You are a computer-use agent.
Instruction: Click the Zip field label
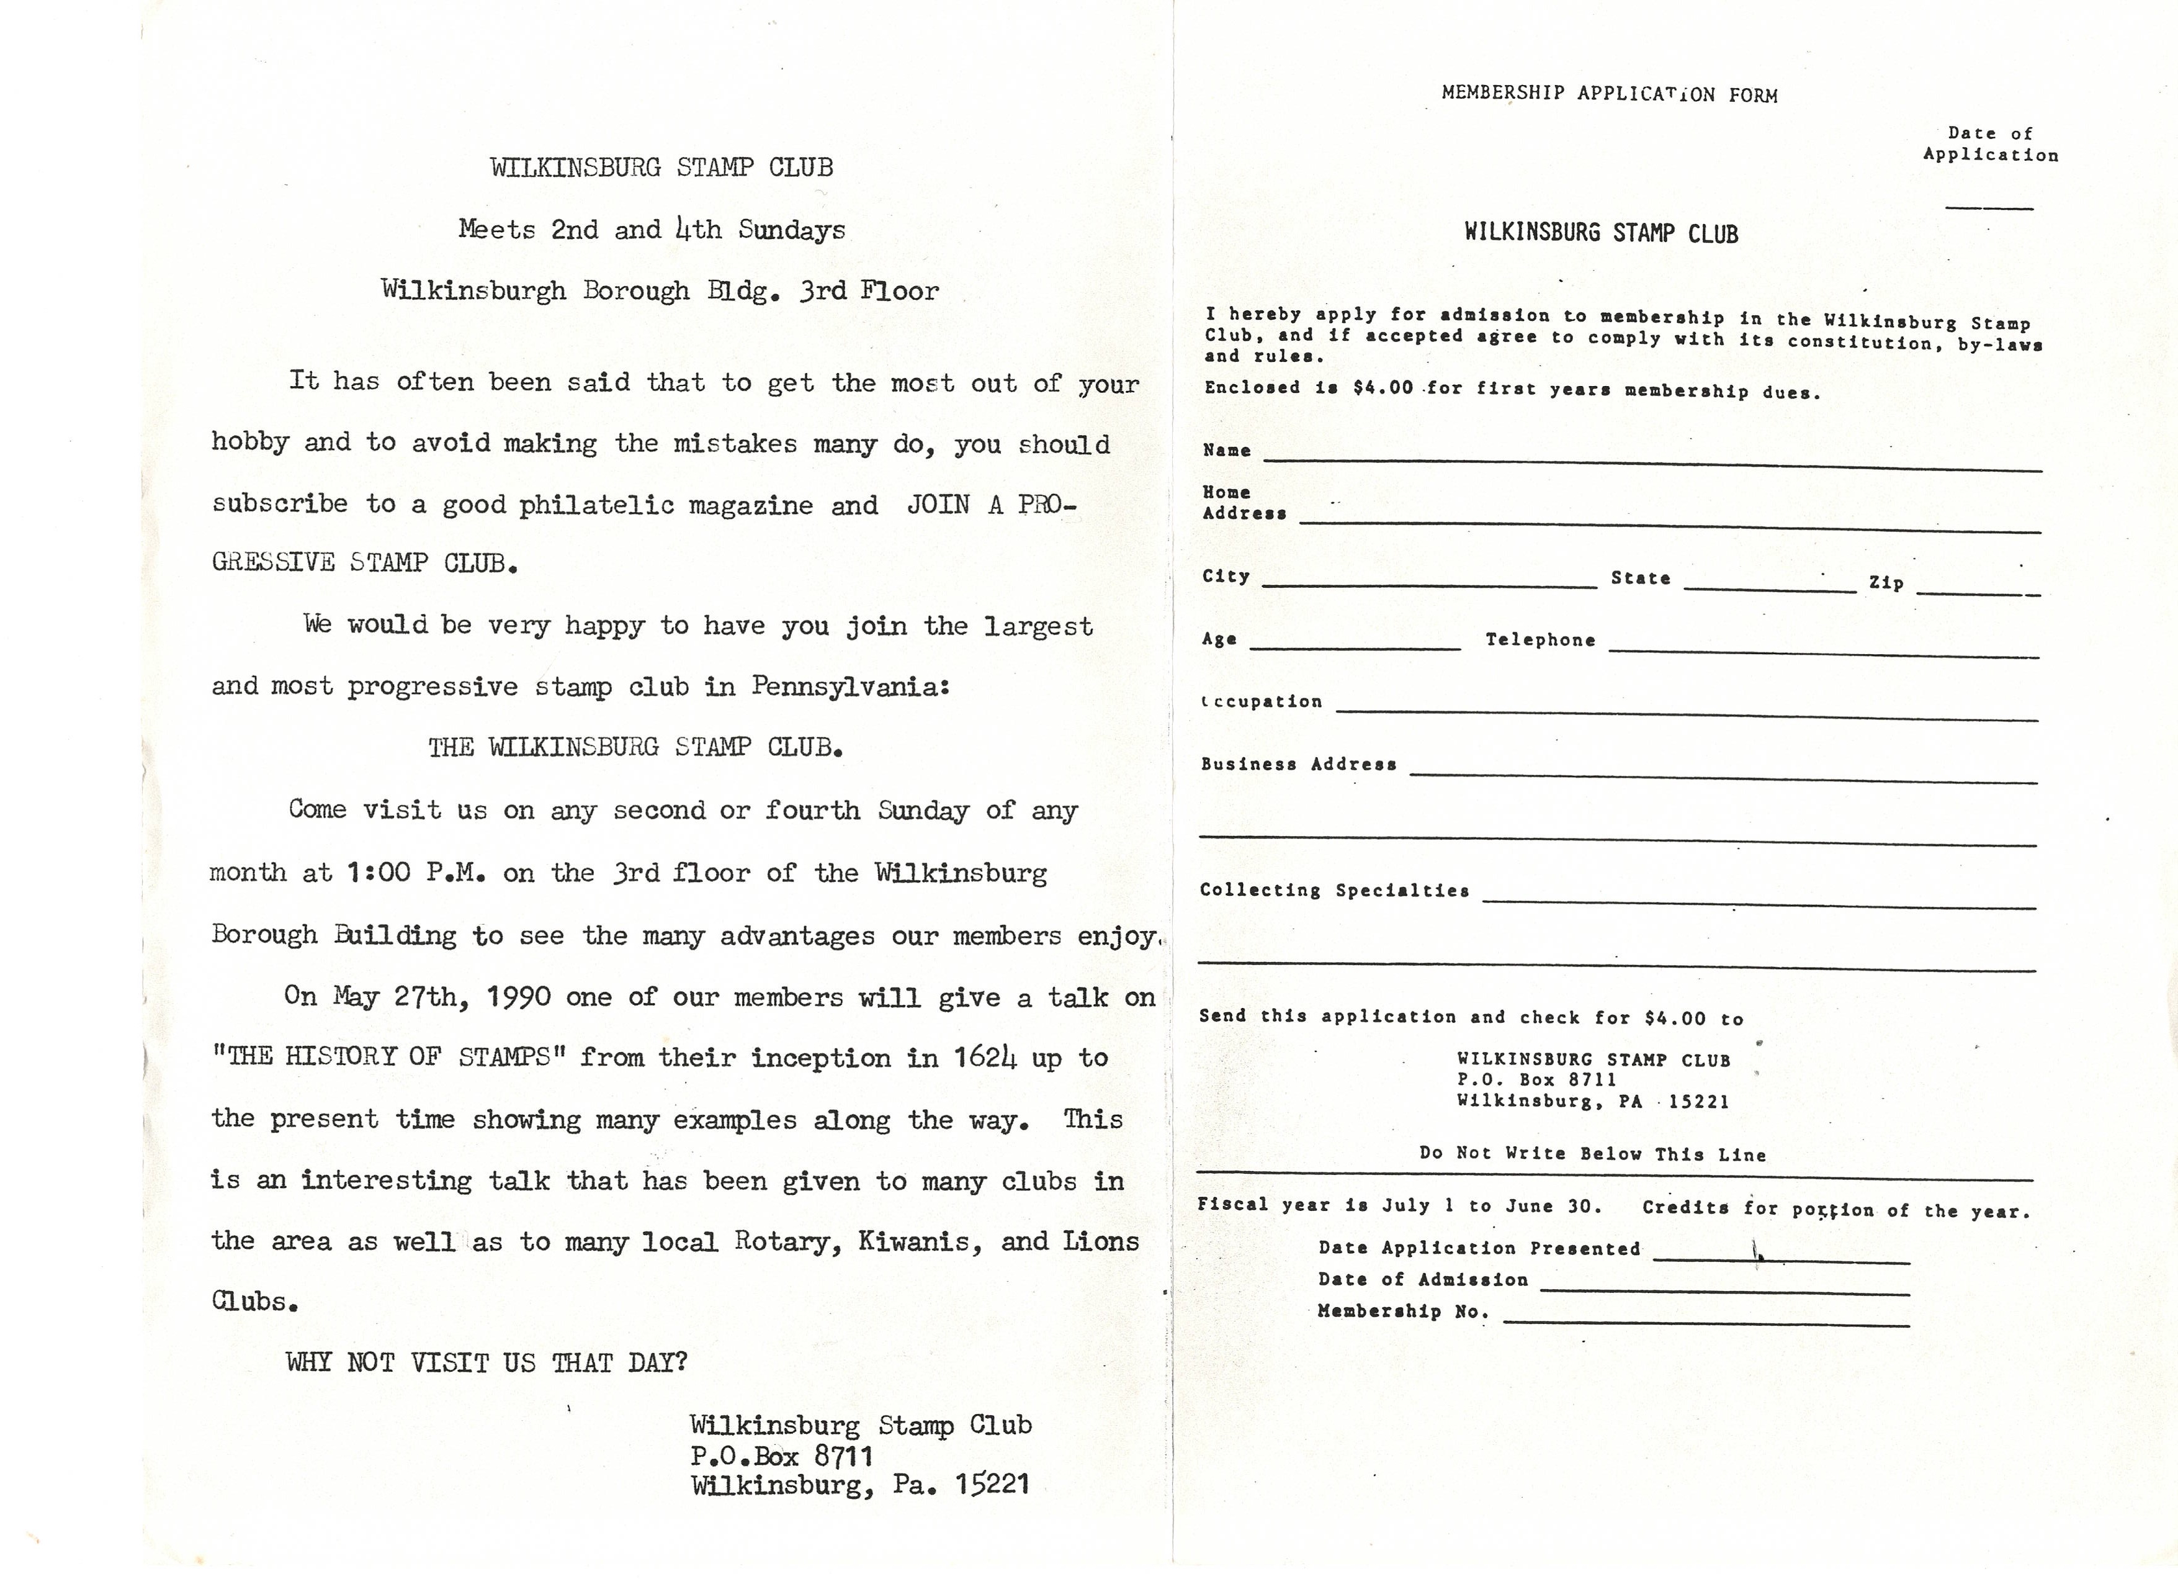click(1886, 583)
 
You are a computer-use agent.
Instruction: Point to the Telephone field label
click(1539, 640)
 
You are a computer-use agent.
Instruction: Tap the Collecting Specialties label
click(1334, 890)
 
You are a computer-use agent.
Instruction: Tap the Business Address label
click(1298, 765)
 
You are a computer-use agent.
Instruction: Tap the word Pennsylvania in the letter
click(849, 686)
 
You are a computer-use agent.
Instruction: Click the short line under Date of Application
click(1989, 207)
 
